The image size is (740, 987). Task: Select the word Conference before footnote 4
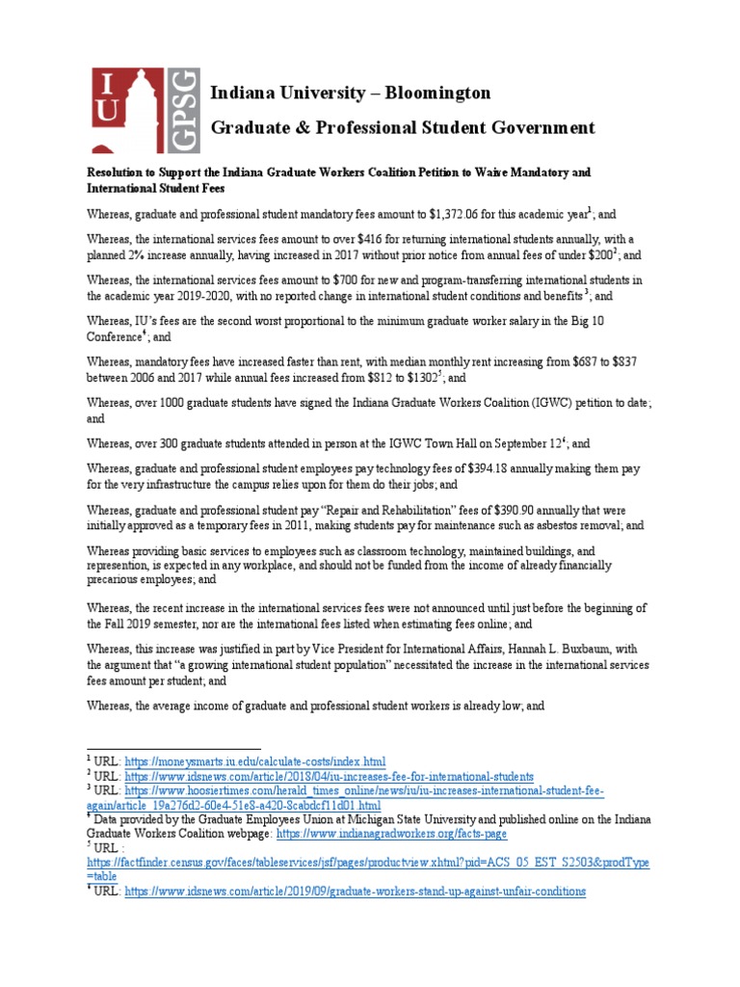pos(116,336)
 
